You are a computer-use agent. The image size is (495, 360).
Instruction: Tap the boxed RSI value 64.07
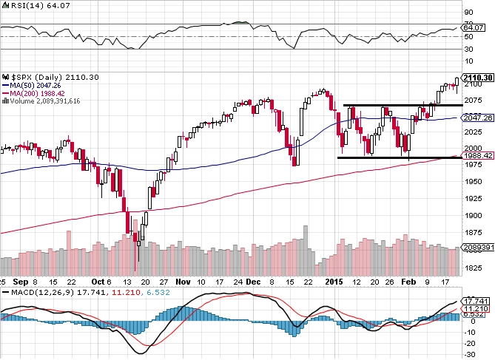(x=472, y=28)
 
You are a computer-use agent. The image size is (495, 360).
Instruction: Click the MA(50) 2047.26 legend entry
(x=30, y=85)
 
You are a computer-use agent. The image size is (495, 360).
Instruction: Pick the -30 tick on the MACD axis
(x=468, y=353)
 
